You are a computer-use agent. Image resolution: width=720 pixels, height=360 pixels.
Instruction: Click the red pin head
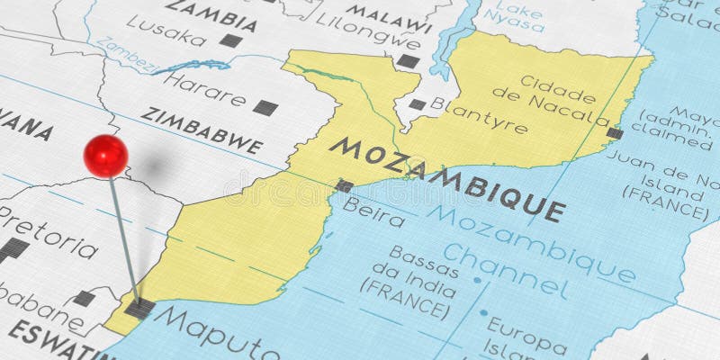click(x=105, y=155)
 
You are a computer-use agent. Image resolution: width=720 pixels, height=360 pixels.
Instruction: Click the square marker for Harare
click(x=265, y=108)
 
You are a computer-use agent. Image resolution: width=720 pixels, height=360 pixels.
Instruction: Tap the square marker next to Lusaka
click(x=230, y=40)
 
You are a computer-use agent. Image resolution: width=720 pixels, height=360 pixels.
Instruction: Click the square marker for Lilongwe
click(x=408, y=61)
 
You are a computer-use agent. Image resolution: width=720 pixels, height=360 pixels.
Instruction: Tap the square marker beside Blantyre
click(x=417, y=104)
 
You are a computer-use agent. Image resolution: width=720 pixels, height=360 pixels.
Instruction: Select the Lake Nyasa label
click(x=519, y=17)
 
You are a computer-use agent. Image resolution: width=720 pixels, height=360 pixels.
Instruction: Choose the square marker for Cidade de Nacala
click(x=615, y=133)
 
